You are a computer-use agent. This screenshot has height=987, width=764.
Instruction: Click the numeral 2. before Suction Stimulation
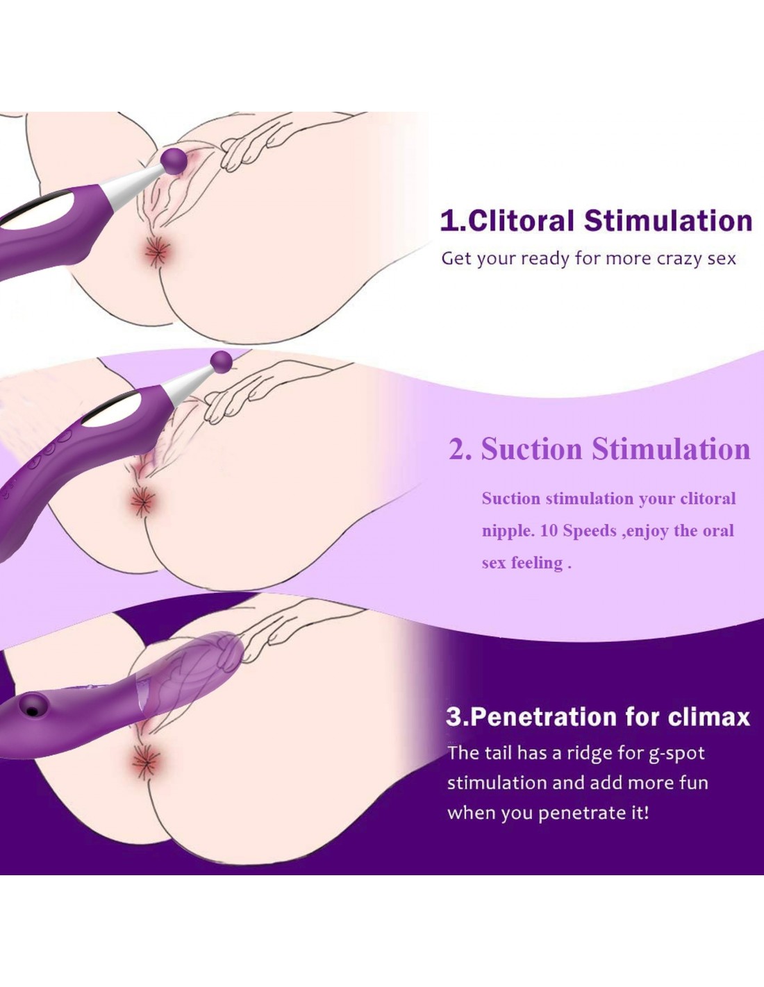coord(460,449)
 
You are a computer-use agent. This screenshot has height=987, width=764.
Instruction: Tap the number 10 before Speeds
coord(549,531)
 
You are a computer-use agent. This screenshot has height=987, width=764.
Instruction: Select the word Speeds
coord(590,531)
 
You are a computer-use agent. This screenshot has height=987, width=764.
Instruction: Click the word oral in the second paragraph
coord(718,531)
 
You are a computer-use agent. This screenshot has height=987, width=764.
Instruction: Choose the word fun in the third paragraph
coord(693,783)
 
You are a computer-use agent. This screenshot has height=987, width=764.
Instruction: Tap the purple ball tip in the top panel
coord(173,160)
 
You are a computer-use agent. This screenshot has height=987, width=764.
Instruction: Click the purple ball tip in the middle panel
coord(222,361)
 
